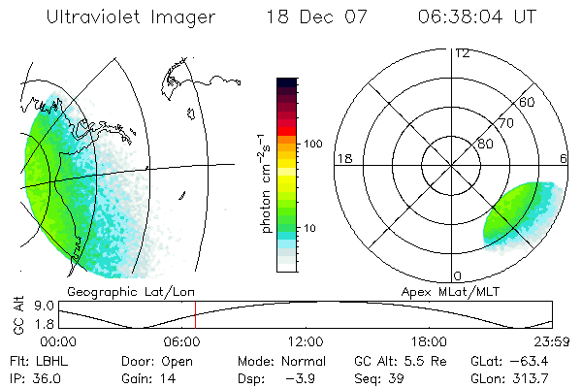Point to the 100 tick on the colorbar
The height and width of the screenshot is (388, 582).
pos(312,144)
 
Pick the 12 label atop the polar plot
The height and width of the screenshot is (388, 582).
pos(462,53)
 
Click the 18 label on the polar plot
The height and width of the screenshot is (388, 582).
pos(342,158)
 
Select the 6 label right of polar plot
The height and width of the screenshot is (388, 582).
pos(564,158)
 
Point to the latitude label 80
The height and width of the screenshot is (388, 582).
pos(485,144)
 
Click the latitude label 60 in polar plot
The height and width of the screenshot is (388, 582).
pos(528,102)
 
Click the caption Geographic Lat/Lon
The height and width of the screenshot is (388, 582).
pos(121,291)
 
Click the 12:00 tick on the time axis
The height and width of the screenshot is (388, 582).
pos(306,341)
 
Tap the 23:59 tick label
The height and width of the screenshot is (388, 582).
pos(553,341)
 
